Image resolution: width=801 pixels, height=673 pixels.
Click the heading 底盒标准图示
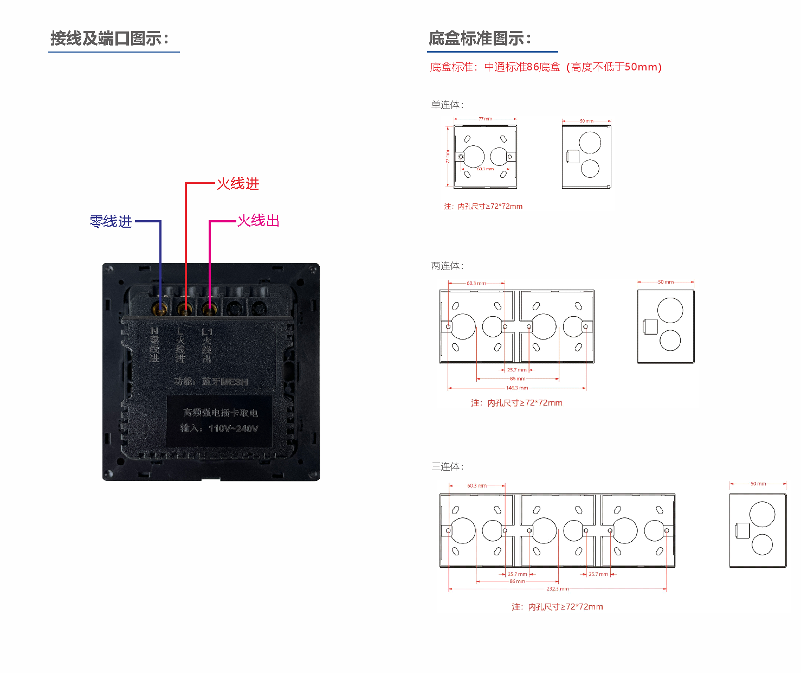480,39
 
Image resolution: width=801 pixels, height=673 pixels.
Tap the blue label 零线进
111,222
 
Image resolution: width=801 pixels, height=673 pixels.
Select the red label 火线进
238,184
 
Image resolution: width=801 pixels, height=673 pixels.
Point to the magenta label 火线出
259,221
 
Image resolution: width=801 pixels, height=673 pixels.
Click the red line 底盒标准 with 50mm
546,67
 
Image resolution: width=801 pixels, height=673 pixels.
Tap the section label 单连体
447,105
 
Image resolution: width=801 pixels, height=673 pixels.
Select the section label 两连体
447,266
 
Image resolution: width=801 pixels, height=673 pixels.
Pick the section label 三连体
447,466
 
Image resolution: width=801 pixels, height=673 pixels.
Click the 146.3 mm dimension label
517,388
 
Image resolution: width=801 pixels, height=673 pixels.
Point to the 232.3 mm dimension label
557,588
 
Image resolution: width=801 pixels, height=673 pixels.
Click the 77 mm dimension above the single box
485,119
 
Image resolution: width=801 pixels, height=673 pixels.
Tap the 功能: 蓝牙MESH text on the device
211,382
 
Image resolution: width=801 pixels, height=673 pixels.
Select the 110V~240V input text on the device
234,428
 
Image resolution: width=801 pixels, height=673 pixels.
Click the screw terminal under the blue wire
160,310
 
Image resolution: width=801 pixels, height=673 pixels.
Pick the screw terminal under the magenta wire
209,310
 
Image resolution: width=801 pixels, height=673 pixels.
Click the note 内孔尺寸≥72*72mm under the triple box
557,607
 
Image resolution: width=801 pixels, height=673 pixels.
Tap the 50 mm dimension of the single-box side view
586,121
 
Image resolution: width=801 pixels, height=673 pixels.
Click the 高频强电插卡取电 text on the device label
220,413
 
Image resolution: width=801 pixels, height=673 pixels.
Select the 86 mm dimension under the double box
517,379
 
